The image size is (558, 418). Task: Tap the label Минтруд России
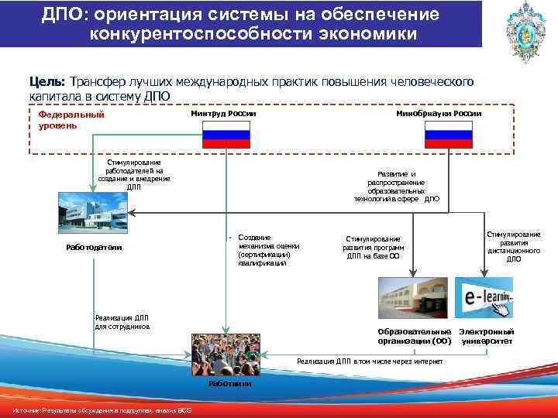pyautogui.click(x=223, y=113)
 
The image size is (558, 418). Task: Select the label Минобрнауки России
pyautogui.click(x=438, y=113)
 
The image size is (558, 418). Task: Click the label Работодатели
pyautogui.click(x=94, y=248)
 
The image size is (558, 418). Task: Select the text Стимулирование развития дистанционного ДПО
pyautogui.click(x=514, y=246)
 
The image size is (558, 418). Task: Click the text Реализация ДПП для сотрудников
pyautogui.click(x=122, y=321)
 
